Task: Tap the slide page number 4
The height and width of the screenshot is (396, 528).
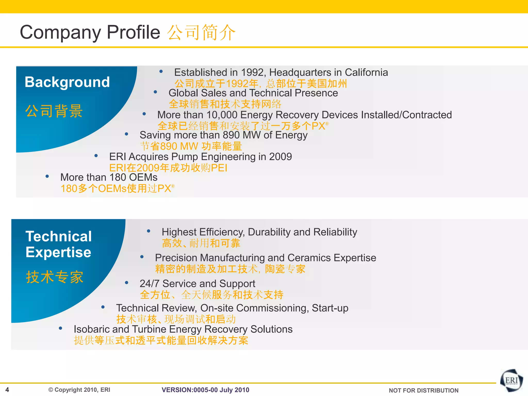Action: click(x=7, y=390)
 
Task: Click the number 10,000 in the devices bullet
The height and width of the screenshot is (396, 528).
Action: click(x=222, y=115)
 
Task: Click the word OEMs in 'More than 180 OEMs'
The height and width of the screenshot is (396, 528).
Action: click(x=143, y=177)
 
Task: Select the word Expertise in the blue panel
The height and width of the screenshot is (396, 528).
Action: click(x=59, y=252)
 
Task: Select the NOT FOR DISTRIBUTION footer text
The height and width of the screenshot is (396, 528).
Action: click(x=423, y=390)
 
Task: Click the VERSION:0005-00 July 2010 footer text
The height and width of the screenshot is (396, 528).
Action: click(x=205, y=390)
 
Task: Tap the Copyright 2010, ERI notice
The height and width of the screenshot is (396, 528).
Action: click(x=79, y=390)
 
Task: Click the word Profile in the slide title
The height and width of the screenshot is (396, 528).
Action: click(x=133, y=32)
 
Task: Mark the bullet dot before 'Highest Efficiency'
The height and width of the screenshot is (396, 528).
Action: click(x=148, y=231)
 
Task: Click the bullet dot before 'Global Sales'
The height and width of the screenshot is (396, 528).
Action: click(x=155, y=92)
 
